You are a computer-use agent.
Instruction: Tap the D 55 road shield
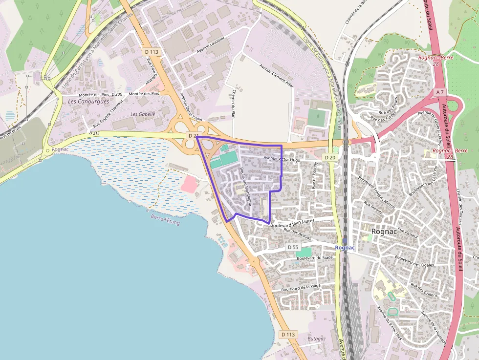click(292, 247)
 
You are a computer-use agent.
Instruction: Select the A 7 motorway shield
click(440, 92)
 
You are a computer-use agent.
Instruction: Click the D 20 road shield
click(330, 157)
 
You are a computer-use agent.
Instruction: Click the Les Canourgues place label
click(82, 101)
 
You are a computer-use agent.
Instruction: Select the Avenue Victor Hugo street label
click(282, 159)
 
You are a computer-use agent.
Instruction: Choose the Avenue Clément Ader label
click(277, 76)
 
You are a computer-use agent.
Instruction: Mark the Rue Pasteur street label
click(409, 232)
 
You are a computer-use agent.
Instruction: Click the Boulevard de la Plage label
click(301, 288)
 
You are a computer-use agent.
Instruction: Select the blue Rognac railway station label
click(345, 248)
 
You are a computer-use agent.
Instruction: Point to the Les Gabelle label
click(143, 114)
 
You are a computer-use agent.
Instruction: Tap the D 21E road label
click(94, 133)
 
